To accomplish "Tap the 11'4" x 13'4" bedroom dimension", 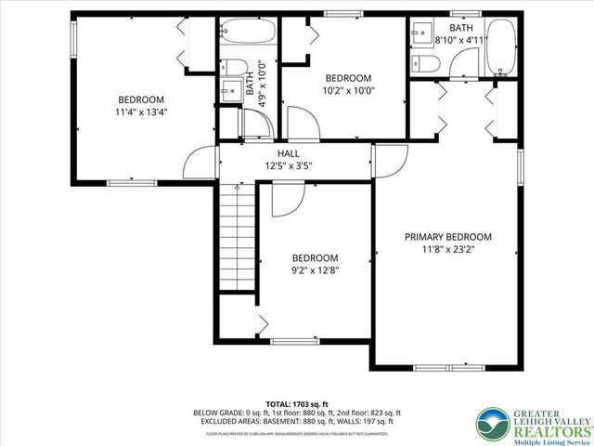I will [141, 112].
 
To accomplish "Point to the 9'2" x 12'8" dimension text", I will [316, 271].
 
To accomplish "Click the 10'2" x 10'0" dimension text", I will [348, 91].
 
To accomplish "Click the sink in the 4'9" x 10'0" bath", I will [227, 90].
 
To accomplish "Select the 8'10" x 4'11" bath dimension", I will [460, 41].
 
